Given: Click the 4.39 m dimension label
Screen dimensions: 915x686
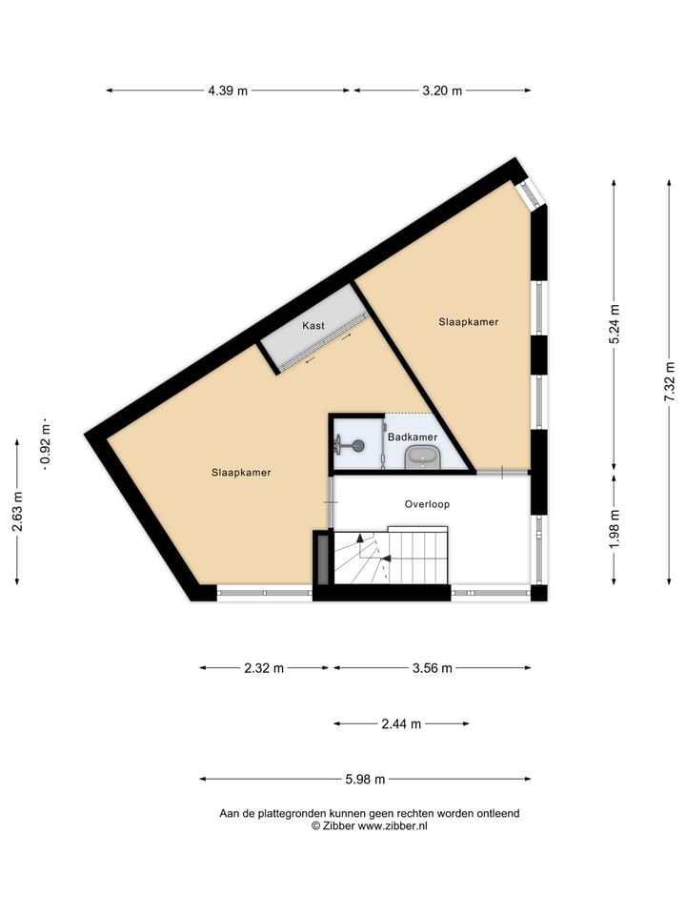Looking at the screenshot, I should pos(228,91).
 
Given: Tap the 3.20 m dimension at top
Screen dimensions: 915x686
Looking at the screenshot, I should pos(442,91).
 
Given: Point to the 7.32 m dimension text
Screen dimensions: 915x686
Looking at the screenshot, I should pos(670,381).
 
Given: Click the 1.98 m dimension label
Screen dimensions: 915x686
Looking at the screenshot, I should pos(615,526).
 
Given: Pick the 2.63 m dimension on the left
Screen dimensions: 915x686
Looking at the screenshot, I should pos(17,510).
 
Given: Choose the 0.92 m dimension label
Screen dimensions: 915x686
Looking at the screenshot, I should pos(45,444).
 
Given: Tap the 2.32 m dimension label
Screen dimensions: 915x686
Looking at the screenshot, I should pos(264,668).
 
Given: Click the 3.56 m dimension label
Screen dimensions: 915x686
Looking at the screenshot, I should pos(432,668).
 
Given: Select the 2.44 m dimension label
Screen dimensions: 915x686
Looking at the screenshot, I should pos(401,724).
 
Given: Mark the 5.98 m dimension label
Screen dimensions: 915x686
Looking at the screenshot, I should pos(365,780).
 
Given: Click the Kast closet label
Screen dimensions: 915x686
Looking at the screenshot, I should pos(313,326).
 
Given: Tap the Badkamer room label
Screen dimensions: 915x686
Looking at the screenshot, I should pos(413,437).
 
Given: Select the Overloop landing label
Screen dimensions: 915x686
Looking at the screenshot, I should pos(426,504).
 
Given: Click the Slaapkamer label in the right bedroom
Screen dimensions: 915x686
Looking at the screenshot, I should pos(468,322).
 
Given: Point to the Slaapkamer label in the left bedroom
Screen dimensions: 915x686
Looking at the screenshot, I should pos(241,472).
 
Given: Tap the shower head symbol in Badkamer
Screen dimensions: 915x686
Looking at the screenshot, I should pos(353,444).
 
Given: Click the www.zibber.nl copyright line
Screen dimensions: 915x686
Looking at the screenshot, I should pos(369,826).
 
